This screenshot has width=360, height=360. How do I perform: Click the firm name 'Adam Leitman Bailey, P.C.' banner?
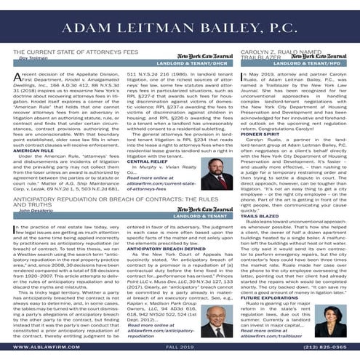(x=180, y=28)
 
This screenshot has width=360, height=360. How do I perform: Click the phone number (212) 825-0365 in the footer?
(x=326, y=348)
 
